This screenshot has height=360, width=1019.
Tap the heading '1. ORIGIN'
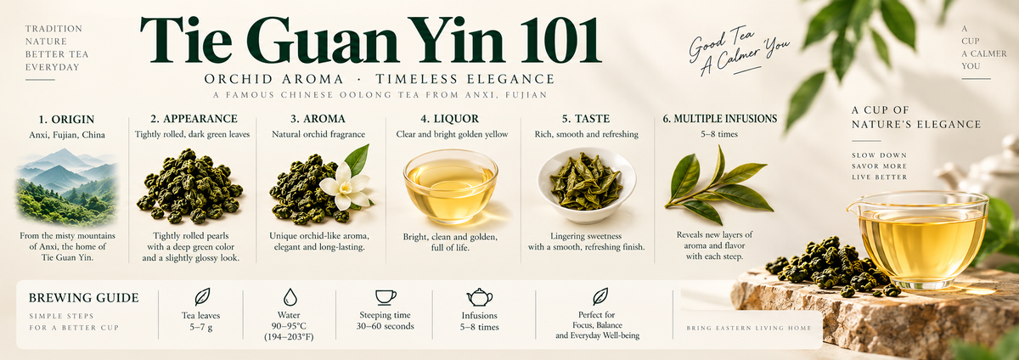click(66, 119)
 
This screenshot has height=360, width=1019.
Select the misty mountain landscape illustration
click(67, 187)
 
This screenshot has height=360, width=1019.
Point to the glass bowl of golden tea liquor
click(450, 186)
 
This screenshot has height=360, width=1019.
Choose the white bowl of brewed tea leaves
click(587, 185)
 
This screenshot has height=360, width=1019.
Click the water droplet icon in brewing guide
click(290, 296)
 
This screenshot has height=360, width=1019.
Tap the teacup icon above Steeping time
click(386, 297)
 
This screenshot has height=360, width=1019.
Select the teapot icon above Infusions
click(480, 297)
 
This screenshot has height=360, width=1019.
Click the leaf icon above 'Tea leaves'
click(202, 296)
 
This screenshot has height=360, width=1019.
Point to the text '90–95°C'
click(289, 326)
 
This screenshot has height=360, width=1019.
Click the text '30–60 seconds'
click(386, 326)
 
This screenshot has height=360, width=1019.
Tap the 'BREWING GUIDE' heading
click(84, 298)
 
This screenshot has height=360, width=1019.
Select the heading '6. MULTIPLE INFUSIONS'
click(720, 119)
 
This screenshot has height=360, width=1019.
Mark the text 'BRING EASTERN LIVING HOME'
click(749, 328)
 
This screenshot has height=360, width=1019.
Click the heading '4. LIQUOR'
click(449, 119)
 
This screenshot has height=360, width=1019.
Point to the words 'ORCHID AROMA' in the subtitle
click(273, 79)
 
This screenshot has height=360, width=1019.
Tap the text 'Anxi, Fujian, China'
click(67, 135)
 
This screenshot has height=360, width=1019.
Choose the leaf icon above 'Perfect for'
click(600, 296)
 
